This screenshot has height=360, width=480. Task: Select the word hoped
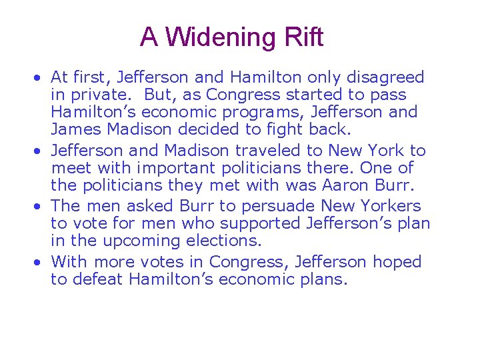coord(397,262)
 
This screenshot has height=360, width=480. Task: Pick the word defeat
coord(95,279)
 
